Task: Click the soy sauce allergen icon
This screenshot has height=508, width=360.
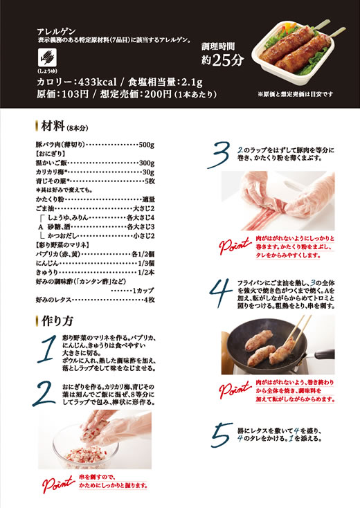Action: coord(47,57)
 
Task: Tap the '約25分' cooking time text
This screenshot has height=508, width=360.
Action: coord(222,60)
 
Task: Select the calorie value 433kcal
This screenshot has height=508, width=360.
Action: coord(97,82)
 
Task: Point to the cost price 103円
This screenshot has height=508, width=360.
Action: coord(75,94)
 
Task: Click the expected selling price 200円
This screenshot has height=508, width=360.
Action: coord(158,94)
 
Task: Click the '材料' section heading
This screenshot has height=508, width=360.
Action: coord(53,126)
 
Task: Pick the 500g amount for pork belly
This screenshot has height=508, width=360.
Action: coord(147,145)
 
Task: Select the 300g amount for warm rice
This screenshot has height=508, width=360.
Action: coord(147,163)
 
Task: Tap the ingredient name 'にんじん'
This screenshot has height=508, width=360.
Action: coord(47,263)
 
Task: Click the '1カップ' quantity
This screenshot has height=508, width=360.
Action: coord(143,291)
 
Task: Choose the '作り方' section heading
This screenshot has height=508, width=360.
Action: coord(57,320)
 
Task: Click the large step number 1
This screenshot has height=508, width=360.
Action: coord(47,350)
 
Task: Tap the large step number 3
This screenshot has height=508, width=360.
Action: coord(219,155)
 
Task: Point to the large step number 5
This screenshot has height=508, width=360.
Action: coord(222,435)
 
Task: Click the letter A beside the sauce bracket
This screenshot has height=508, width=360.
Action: coord(41,227)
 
